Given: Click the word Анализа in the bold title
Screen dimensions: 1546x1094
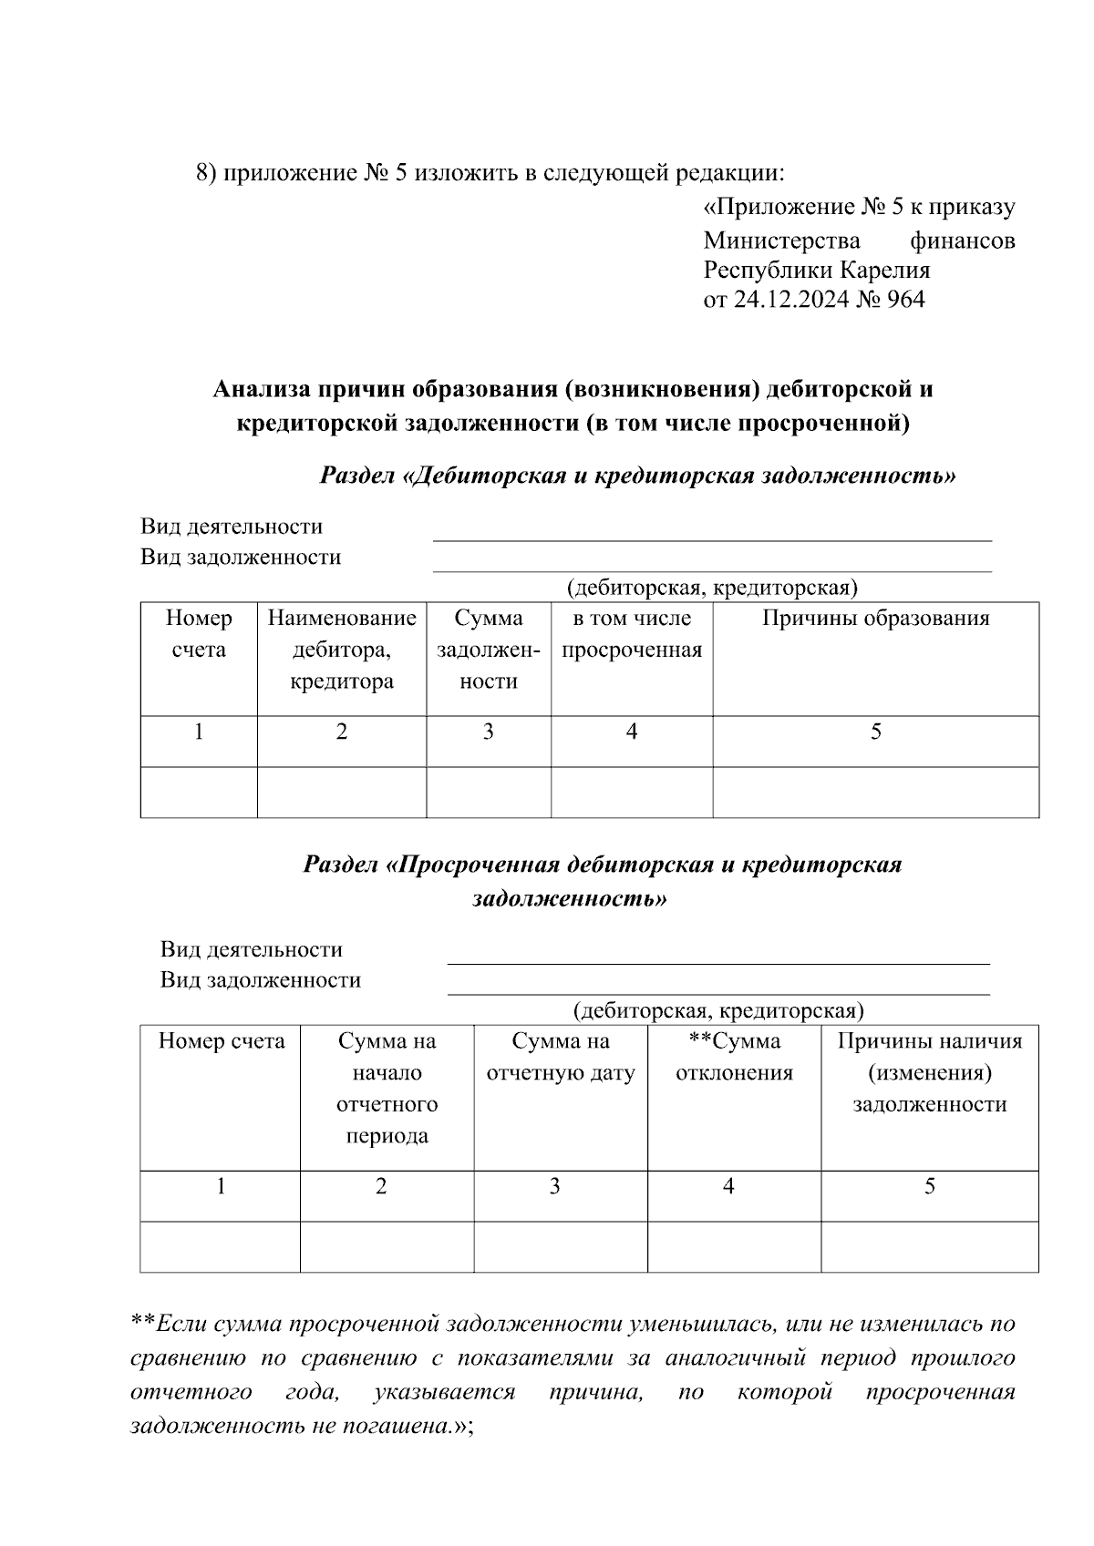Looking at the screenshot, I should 259,390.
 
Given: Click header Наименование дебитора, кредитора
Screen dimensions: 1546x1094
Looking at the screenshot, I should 341,650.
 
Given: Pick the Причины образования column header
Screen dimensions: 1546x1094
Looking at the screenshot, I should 875,619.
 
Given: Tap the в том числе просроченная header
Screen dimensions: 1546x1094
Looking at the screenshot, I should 631,634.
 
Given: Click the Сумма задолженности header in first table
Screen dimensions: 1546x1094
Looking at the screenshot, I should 488,650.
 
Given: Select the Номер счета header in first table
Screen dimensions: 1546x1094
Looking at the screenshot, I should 198,634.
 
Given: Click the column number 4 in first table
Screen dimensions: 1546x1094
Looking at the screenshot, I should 631,732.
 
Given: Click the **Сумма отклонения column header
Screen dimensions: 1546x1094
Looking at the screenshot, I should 733,1057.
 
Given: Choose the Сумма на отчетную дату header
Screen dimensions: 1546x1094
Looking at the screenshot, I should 560,1057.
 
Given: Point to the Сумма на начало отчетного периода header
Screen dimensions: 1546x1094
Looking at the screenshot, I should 387,1088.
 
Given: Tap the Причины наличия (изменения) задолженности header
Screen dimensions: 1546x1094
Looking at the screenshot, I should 929,1072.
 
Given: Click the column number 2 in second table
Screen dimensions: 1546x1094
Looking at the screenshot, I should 381,1186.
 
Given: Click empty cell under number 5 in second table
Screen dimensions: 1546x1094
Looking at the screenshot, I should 929,1246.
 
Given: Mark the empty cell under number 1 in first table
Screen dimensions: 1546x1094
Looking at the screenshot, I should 198,792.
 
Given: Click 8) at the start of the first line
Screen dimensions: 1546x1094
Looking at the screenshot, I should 206,173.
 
